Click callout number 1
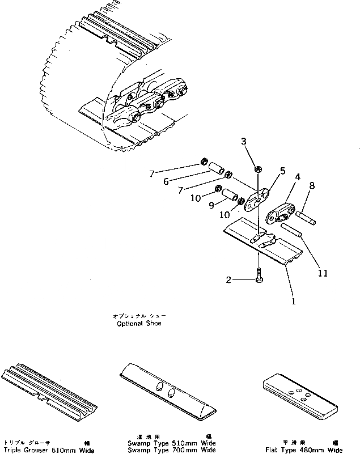tap(294, 302)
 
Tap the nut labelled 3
tap(257, 169)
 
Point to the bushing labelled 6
tap(216, 169)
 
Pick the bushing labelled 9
tap(229, 196)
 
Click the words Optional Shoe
tap(138, 320)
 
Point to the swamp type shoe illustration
tap(168, 391)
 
